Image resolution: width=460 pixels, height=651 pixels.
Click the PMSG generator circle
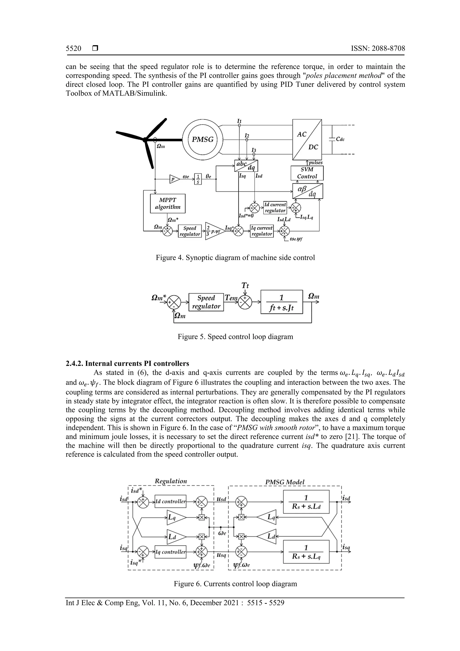(x=202, y=140)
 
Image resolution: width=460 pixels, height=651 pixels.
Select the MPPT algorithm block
(x=168, y=203)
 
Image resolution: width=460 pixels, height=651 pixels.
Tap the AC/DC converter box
(x=307, y=140)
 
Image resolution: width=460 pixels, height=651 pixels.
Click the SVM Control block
(x=307, y=173)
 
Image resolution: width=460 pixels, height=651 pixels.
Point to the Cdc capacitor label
(x=340, y=139)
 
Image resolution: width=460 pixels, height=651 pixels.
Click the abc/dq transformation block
(x=246, y=166)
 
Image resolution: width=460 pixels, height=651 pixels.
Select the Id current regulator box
(x=275, y=208)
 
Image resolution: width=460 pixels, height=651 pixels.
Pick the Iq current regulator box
(x=262, y=231)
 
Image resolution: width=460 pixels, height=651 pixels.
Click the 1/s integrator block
(x=198, y=179)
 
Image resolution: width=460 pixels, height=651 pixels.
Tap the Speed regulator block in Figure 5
(x=206, y=302)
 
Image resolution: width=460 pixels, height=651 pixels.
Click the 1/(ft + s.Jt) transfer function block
(x=281, y=302)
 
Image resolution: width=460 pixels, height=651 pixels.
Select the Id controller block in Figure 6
(x=170, y=501)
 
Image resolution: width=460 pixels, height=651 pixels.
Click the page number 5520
(x=73, y=49)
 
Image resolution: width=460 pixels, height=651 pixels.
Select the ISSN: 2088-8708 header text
(x=378, y=49)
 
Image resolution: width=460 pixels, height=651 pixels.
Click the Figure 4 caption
(x=235, y=258)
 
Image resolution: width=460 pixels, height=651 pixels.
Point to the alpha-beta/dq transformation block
(x=307, y=191)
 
